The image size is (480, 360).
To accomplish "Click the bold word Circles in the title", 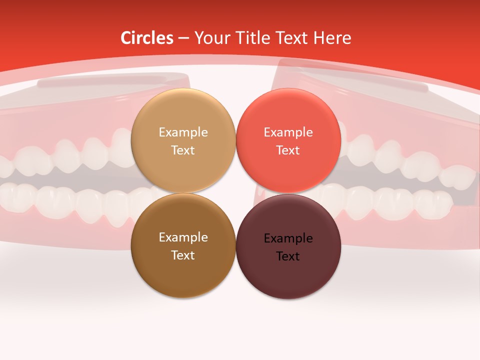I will (x=147, y=38).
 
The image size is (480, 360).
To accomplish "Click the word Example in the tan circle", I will (x=183, y=132).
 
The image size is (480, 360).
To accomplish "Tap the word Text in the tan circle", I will (x=183, y=150).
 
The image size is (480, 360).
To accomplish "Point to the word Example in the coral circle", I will (x=288, y=132).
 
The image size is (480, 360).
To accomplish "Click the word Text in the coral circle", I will (x=288, y=150).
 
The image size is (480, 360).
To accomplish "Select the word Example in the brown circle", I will (x=183, y=237).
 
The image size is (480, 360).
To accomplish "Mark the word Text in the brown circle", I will (x=183, y=255).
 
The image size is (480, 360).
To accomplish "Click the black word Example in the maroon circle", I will (x=288, y=238).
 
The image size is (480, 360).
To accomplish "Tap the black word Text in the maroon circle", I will (x=288, y=256).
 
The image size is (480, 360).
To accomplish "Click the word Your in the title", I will (x=209, y=38).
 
